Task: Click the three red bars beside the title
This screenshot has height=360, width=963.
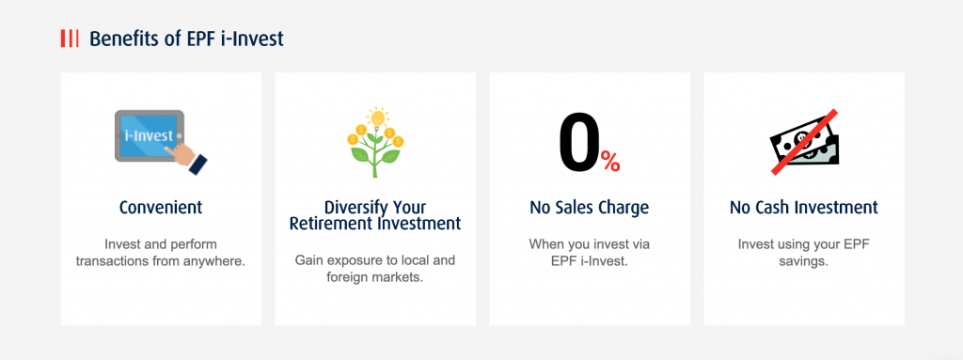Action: tap(70, 39)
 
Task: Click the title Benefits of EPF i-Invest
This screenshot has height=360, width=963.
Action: tap(186, 39)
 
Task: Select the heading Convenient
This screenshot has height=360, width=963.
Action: tap(161, 207)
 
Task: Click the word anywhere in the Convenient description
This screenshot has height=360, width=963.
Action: tap(213, 260)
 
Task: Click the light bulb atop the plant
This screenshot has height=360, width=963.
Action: tap(376, 118)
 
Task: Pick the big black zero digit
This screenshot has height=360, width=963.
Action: tap(578, 143)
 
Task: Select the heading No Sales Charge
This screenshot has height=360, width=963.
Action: tap(590, 207)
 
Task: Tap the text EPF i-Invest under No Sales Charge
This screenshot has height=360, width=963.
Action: tap(590, 260)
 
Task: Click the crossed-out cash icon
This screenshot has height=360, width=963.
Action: tap(803, 142)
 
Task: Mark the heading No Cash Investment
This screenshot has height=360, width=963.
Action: tap(804, 207)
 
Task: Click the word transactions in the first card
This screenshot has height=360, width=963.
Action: tap(117, 260)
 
